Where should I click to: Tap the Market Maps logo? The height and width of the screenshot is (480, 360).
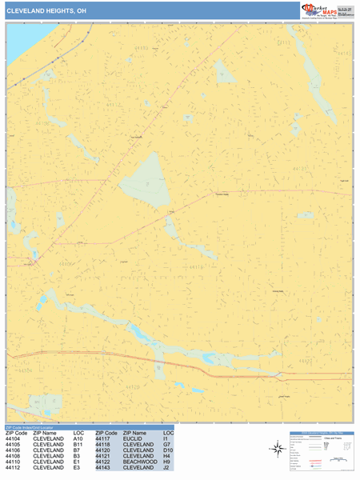(325, 10)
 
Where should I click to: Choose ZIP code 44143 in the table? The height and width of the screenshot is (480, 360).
(106, 468)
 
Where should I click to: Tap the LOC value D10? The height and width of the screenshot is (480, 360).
(168, 450)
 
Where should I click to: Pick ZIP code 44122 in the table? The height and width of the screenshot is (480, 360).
(106, 462)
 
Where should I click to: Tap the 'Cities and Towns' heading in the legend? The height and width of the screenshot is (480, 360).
(334, 440)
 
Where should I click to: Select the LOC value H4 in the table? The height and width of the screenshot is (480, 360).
(168, 456)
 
